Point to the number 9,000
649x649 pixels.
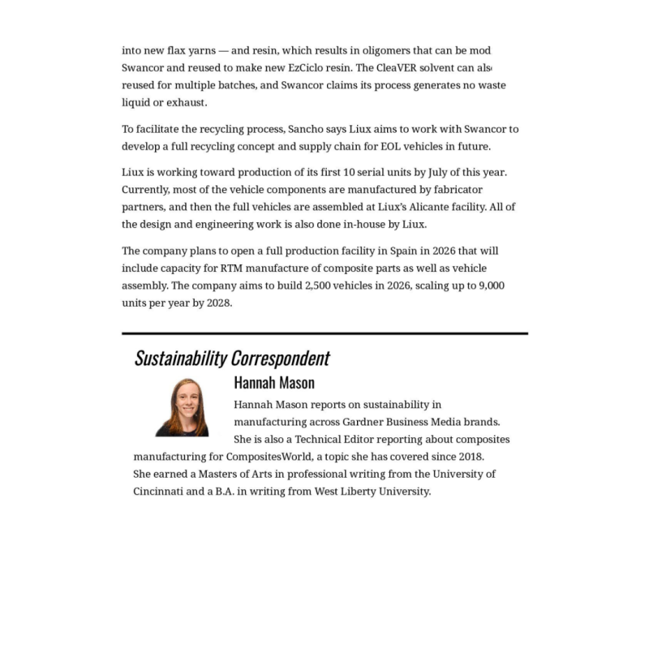490,286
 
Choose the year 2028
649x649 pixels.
217,303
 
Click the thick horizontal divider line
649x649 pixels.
324,333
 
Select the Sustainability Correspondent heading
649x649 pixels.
232,358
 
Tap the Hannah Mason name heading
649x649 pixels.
274,382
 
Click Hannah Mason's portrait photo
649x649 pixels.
183,407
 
